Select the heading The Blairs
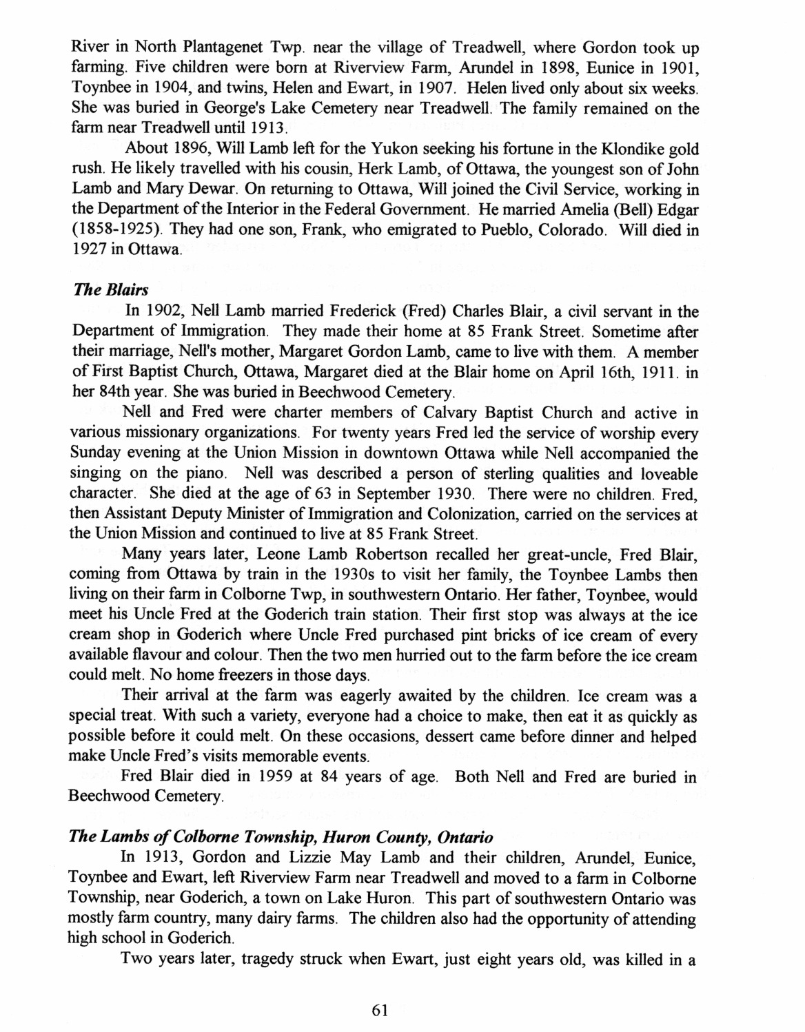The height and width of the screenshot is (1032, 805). (101, 291)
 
